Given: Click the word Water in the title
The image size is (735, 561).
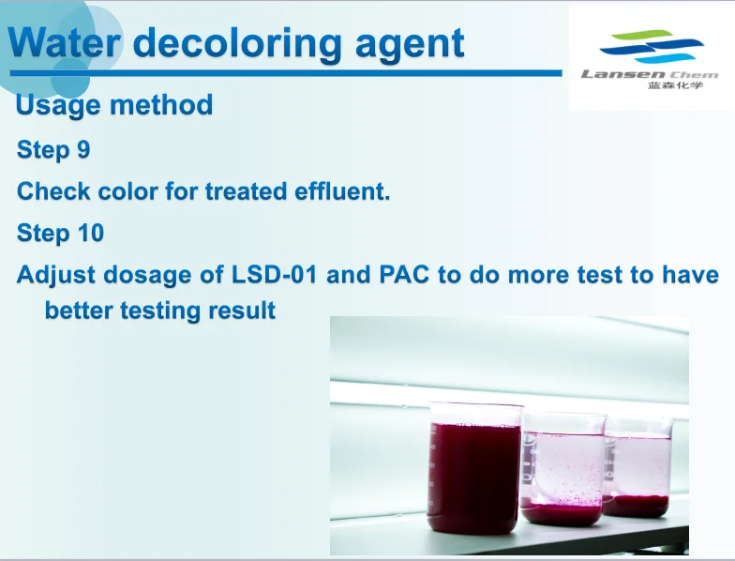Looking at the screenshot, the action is point(64,43).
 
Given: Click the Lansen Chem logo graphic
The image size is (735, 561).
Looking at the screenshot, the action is point(652,47).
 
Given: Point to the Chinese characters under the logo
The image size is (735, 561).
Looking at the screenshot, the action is point(675,84).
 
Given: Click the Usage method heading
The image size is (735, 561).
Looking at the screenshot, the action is point(114,105).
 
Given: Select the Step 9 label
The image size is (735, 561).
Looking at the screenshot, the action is point(53,150).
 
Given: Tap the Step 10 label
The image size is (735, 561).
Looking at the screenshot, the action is point(60,233).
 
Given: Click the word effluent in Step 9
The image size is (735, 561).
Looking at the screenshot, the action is point(342,191).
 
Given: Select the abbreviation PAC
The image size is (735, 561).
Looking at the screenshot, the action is point(403,274).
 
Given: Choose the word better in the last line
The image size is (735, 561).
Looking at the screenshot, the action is point(79,311).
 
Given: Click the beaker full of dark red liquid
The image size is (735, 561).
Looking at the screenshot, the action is point(474,468).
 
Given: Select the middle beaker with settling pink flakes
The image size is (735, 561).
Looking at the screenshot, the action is point(562,468).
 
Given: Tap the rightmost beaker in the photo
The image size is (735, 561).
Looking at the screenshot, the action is point(637,468).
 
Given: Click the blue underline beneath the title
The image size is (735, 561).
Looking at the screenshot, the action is point(286,73).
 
